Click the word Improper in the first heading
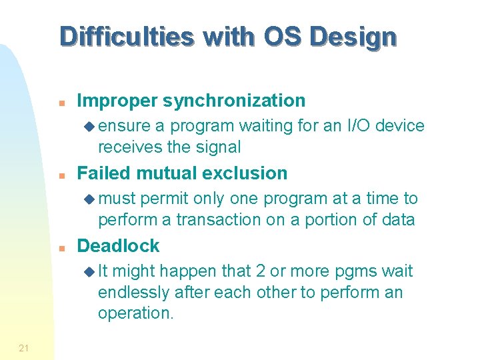[x=117, y=101]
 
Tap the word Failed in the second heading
[x=103, y=173]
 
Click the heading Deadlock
[x=119, y=246]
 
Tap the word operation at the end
[x=135, y=313]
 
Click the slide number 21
[x=23, y=347]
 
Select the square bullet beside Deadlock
[x=61, y=247]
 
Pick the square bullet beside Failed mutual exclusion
[x=61, y=175]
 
